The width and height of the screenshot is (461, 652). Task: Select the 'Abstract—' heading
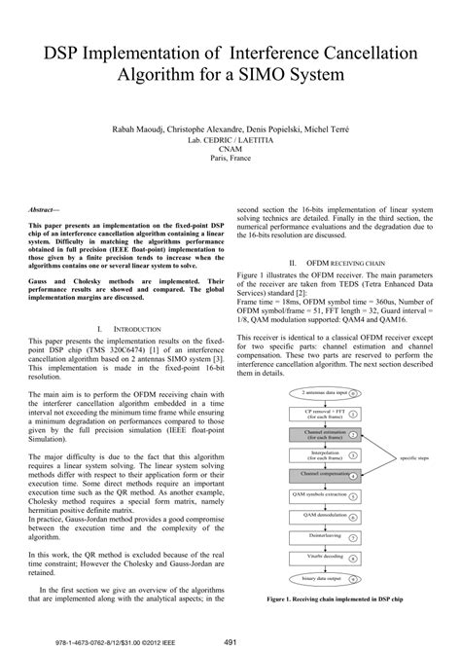(x=46, y=210)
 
